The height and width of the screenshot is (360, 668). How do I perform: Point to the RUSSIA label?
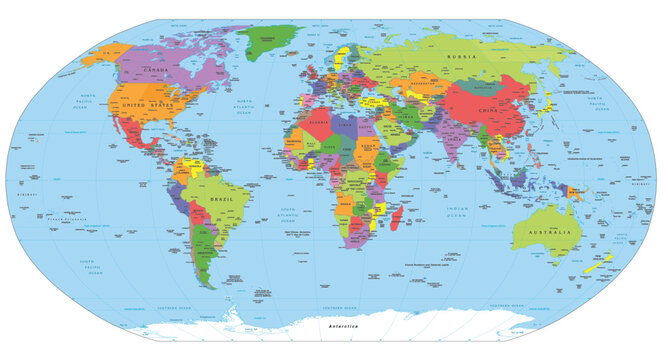[x=462, y=57]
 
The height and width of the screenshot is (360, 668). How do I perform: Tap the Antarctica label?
[x=334, y=327]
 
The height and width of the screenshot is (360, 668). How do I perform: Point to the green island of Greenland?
[x=267, y=43]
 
